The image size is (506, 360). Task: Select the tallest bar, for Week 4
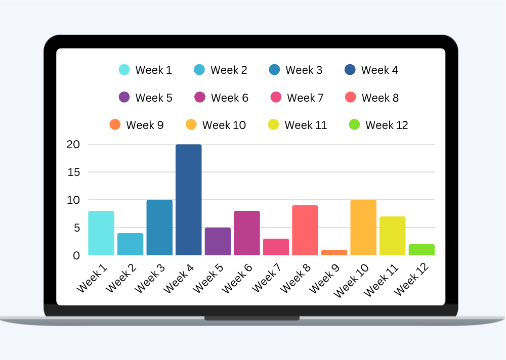189,200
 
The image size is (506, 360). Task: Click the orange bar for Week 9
334,252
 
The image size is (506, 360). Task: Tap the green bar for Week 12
421,250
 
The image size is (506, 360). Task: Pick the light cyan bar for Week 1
101,233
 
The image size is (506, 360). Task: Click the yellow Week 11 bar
393,236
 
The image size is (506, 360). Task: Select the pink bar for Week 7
276,247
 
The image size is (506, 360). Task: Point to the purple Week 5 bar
218,241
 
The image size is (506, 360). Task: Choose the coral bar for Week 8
305,230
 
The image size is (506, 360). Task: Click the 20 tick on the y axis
73,145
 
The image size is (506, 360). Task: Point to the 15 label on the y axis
73,172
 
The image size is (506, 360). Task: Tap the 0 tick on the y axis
76,256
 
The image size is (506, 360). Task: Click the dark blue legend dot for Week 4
350,70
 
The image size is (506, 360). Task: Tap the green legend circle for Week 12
355,124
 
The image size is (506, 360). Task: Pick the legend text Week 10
224,125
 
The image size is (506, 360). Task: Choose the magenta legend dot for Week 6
200,97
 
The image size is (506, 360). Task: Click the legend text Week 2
229,70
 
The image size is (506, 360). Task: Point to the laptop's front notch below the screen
251,318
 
